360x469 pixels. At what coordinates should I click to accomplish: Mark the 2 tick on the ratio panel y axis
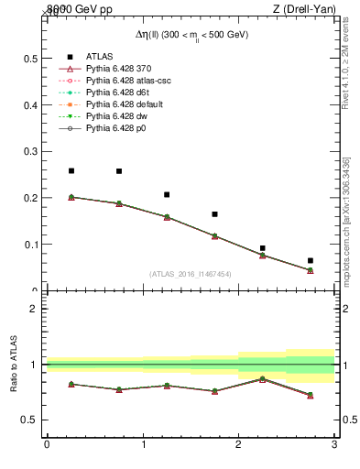click(x=33, y=309)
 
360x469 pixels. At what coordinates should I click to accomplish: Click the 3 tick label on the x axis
click(x=334, y=446)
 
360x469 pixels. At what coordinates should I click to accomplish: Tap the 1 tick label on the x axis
click(x=143, y=446)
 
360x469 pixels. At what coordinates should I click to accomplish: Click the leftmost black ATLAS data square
click(x=71, y=170)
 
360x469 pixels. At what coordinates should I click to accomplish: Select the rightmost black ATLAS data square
click(x=311, y=261)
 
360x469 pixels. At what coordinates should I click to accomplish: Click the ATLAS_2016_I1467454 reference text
click(x=191, y=274)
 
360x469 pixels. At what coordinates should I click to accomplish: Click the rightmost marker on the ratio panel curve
click(x=311, y=395)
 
